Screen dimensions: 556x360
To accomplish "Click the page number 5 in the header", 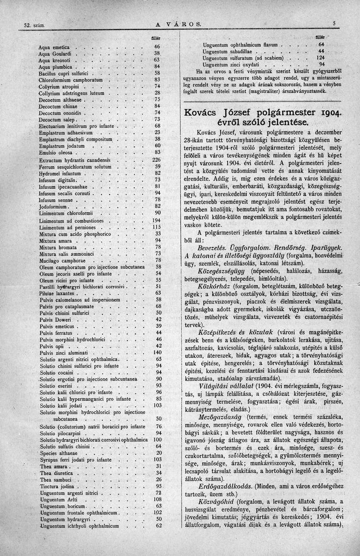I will (x=334, y=23).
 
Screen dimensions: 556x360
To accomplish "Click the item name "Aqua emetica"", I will (x=54, y=47).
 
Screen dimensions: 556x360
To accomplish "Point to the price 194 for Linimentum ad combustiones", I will (x=156, y=221).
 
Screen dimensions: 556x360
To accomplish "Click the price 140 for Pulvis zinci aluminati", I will (x=157, y=352).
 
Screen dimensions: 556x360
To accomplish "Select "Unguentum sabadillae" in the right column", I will (x=227, y=51).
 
